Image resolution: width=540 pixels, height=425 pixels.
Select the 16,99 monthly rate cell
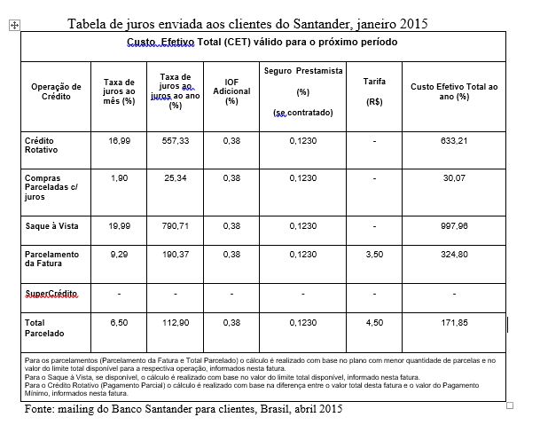[x=119, y=140]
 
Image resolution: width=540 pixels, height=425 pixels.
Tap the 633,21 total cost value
[x=454, y=140]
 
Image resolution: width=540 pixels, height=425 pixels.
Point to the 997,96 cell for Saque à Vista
[x=454, y=225]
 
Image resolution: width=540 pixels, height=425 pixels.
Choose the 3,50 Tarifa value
[x=374, y=254]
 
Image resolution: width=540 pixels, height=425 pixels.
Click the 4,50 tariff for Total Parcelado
[x=374, y=323]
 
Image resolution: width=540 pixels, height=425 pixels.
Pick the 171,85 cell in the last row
[x=454, y=323]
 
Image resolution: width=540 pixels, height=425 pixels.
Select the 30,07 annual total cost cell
[x=454, y=178]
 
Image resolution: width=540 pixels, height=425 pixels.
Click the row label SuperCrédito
[x=52, y=293]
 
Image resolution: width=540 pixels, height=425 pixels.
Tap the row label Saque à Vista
[x=51, y=225]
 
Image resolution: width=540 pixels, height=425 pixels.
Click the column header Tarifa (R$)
[x=374, y=91]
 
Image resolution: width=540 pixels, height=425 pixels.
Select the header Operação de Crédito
[x=56, y=91]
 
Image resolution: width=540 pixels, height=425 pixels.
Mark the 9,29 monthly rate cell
[x=119, y=254]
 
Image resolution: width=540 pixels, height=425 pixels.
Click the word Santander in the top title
[x=322, y=22]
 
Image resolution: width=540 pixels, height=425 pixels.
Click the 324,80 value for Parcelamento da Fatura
[x=454, y=254]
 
